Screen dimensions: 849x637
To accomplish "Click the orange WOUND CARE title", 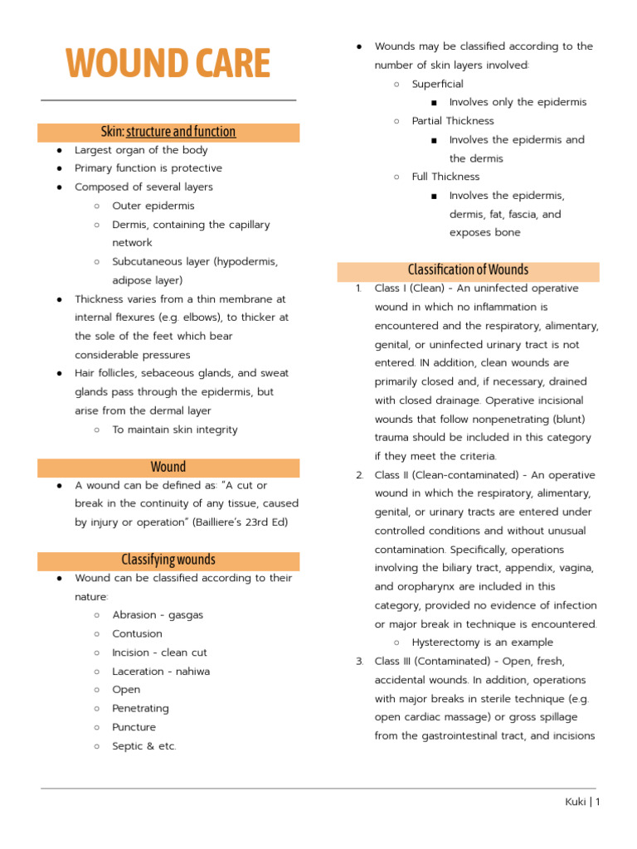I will tap(168, 64).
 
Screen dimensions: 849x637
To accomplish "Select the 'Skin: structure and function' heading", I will tap(168, 132).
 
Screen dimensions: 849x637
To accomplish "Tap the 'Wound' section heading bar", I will tap(168, 468).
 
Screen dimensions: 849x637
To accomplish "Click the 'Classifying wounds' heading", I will tap(168, 560).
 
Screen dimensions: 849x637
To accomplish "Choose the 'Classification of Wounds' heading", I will tap(468, 270).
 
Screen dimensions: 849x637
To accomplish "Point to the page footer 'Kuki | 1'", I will tap(581, 802).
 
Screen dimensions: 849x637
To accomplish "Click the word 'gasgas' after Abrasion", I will tap(186, 615).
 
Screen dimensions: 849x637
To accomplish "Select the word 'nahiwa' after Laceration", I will tap(192, 672).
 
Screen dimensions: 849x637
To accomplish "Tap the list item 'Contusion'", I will tap(137, 634).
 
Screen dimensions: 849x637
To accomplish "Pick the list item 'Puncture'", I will tap(134, 727).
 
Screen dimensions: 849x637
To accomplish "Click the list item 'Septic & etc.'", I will tap(144, 746).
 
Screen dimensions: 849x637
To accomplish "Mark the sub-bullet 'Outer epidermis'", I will tap(153, 206).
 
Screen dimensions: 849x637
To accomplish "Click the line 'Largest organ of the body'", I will tap(141, 150).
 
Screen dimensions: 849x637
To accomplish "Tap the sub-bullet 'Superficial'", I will tap(437, 84).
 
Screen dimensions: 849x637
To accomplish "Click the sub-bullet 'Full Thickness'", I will tap(445, 177).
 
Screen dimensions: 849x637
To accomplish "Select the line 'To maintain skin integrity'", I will tap(174, 429).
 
